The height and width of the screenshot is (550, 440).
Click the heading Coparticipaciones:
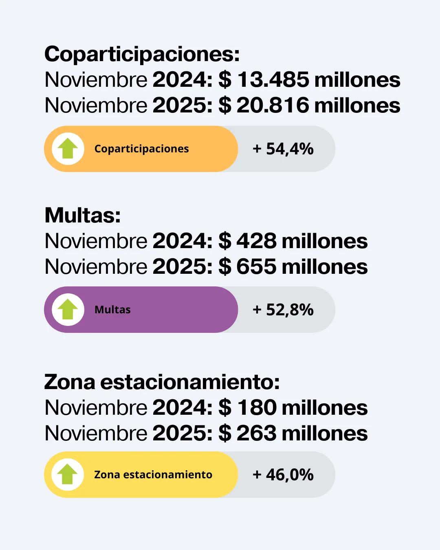[x=142, y=54]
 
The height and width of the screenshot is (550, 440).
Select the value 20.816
[x=273, y=105]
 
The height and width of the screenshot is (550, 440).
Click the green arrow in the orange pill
[x=68, y=149]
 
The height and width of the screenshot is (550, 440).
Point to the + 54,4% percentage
[x=283, y=149]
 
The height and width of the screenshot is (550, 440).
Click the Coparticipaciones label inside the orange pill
[x=141, y=149]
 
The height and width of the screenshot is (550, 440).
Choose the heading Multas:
[x=83, y=215]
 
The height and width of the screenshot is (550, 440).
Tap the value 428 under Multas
[x=256, y=241]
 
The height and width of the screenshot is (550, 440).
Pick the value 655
[x=256, y=266]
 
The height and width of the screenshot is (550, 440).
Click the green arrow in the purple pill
[x=68, y=310]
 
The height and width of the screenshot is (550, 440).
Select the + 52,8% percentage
[x=283, y=310]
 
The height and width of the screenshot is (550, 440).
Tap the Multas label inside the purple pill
[x=112, y=310]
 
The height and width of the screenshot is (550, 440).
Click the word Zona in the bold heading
[x=70, y=382]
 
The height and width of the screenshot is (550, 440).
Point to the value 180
[x=257, y=407]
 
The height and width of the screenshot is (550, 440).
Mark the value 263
[x=256, y=433]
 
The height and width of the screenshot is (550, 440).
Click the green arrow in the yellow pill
[x=68, y=475]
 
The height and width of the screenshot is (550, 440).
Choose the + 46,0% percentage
[x=283, y=475]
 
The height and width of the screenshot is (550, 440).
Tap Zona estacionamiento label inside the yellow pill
[x=153, y=475]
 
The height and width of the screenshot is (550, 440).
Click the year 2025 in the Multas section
[x=180, y=266]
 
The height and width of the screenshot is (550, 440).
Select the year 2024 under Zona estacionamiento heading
[x=180, y=407]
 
